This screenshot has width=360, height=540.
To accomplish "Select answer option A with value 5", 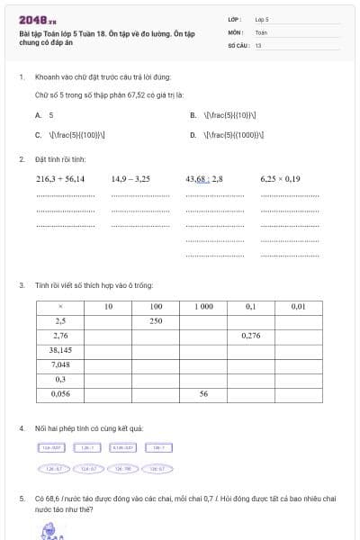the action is [45, 115].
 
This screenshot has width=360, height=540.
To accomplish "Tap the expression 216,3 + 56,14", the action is [60, 179].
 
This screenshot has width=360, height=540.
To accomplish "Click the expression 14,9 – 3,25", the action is [130, 179].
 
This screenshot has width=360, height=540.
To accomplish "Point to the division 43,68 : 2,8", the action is [203, 179].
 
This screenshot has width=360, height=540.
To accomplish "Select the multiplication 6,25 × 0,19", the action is [280, 179].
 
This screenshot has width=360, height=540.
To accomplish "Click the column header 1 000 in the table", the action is [203, 307].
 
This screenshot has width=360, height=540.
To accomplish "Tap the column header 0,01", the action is [298, 307].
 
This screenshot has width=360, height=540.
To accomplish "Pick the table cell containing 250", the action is [156, 320].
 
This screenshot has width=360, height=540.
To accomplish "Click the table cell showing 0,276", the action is [251, 335].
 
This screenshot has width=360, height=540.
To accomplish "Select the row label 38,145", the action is [60, 349].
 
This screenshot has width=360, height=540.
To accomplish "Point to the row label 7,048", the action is [60, 364].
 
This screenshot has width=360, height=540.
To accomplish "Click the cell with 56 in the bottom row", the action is [203, 393].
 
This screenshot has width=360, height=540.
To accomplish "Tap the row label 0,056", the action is [60, 393].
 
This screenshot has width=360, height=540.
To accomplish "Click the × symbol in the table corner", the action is [60, 307].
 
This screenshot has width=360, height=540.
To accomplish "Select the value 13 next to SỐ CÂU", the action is [258, 43].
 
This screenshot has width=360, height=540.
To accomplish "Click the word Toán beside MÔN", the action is [261, 31].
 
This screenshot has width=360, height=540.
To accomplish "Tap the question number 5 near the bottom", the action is [22, 497].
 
